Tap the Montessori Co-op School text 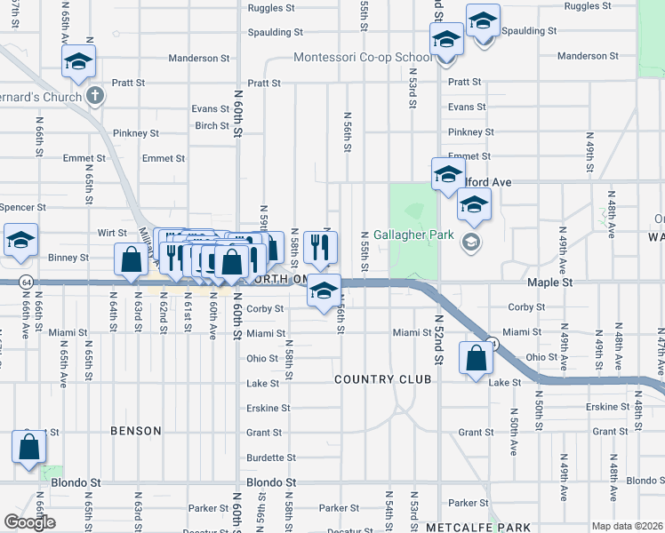[364, 58]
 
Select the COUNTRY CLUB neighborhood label [383, 379]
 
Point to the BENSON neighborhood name [136, 431]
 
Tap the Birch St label [212, 125]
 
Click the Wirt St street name [112, 233]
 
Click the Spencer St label [17, 207]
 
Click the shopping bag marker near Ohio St [477, 359]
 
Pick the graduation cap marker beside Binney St [21, 240]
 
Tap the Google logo [29, 522]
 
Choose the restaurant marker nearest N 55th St [319, 246]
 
